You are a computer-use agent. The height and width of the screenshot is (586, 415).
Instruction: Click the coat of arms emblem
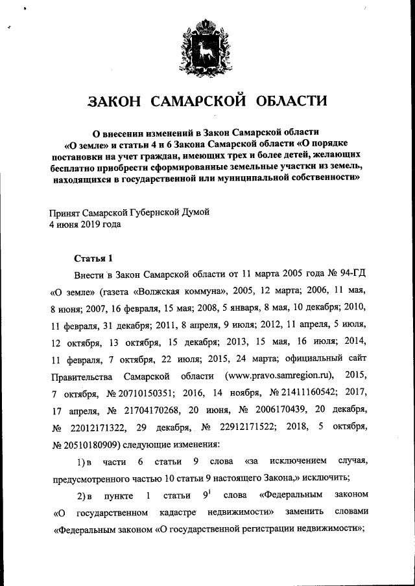(x=207, y=47)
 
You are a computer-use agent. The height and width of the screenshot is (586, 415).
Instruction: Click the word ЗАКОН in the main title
(x=116, y=102)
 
